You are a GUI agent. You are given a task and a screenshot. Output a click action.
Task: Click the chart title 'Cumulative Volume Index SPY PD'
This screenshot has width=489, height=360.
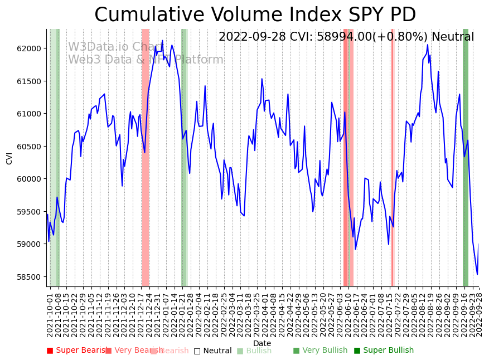pyautogui.click(x=255, y=14)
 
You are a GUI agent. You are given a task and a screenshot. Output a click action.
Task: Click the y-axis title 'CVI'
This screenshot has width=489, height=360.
pyautogui.click(x=9, y=158)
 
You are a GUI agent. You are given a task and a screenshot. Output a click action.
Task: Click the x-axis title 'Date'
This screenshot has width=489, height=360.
pyautogui.click(x=262, y=344)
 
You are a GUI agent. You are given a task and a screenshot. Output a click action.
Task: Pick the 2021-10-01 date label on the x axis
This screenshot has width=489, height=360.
pyautogui.click(x=50, y=314)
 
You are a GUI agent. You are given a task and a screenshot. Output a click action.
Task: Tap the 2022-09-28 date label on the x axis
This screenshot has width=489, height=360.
pyautogui.click(x=479, y=314)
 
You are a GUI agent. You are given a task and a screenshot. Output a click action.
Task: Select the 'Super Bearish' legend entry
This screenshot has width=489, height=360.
pyautogui.click(x=78, y=351)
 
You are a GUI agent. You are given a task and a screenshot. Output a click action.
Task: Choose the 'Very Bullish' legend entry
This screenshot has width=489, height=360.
pyautogui.click(x=320, y=351)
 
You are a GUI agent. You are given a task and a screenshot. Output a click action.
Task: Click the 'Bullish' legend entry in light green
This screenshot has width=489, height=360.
pyautogui.click(x=254, y=351)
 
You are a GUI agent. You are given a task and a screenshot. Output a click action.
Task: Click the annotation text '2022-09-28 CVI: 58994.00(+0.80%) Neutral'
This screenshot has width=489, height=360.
pyautogui.click(x=346, y=37)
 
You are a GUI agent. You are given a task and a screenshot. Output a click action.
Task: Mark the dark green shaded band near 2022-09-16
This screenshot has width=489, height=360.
pyautogui.click(x=466, y=157)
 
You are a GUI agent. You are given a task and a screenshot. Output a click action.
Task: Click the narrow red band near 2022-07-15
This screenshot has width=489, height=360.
pyautogui.click(x=393, y=157)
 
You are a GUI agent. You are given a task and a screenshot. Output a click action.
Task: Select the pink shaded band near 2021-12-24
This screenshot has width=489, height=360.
pyautogui.click(x=146, y=157)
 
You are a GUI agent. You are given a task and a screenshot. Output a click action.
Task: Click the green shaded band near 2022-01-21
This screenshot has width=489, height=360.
pyautogui.click(x=184, y=157)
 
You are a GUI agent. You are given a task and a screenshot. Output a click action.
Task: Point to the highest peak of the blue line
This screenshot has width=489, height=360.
pyautogui.click(x=162, y=41)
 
